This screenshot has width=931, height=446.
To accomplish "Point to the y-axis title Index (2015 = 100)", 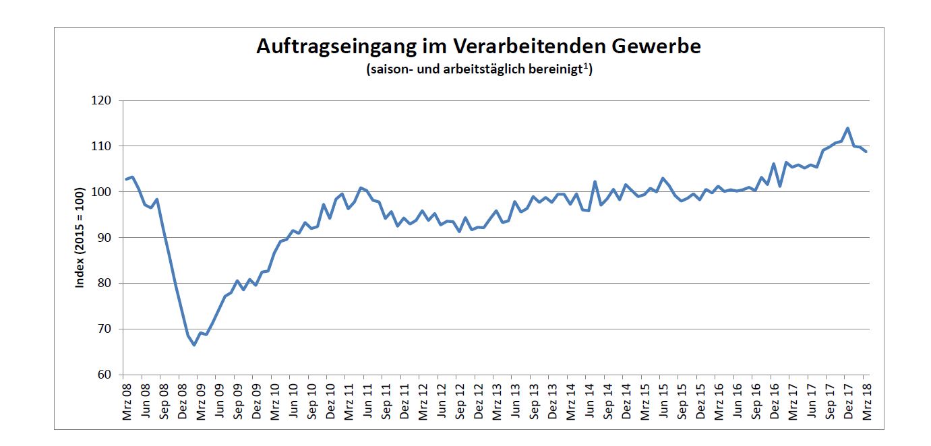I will [x=80, y=237].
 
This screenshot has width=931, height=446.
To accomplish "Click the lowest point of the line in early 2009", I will [x=194, y=345].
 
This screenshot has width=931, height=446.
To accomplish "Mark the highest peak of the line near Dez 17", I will [x=847, y=128].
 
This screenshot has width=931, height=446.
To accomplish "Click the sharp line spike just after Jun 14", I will [x=595, y=181].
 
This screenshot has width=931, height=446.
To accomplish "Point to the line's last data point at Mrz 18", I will [x=866, y=152].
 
